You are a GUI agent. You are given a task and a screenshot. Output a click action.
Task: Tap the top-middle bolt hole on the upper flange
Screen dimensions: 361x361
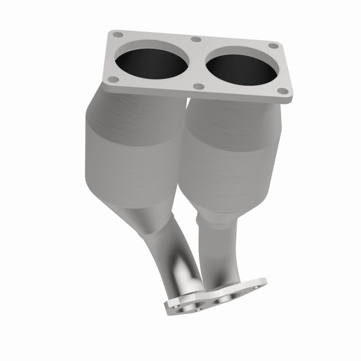pos(195,39)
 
